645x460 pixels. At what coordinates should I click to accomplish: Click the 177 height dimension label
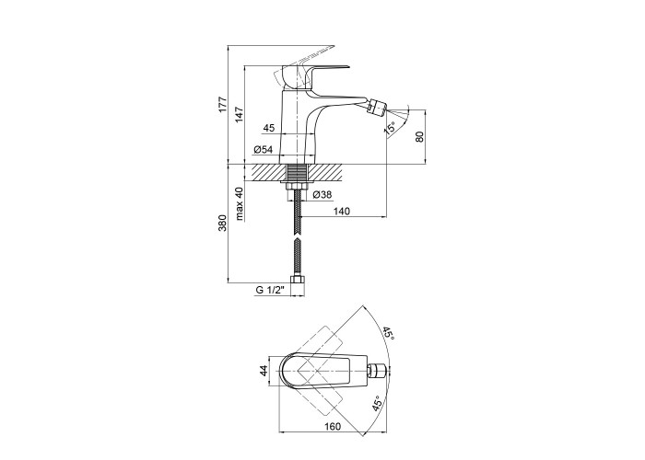click(x=222, y=104)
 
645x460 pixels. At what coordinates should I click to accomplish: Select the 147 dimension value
click(x=240, y=115)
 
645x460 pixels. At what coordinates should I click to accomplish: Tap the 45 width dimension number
click(x=269, y=128)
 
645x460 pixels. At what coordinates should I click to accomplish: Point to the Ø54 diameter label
click(x=264, y=149)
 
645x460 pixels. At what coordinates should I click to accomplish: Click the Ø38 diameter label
click(x=322, y=195)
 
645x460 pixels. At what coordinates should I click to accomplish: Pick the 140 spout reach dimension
click(x=342, y=211)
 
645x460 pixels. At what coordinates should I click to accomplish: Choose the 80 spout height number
click(x=419, y=136)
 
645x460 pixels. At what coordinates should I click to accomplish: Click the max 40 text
click(x=240, y=203)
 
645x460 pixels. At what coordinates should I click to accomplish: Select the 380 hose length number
click(x=222, y=223)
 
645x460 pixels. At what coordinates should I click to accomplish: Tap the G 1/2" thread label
click(x=270, y=290)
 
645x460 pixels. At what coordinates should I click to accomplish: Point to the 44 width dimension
click(x=264, y=370)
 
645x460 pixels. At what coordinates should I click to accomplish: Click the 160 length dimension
click(x=333, y=426)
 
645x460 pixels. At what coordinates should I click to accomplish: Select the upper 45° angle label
click(x=389, y=333)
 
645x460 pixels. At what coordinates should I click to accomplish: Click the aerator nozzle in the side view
click(x=377, y=107)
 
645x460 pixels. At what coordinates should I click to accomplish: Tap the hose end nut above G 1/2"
click(x=298, y=280)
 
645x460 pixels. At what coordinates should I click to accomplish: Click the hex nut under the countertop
click(x=297, y=187)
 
